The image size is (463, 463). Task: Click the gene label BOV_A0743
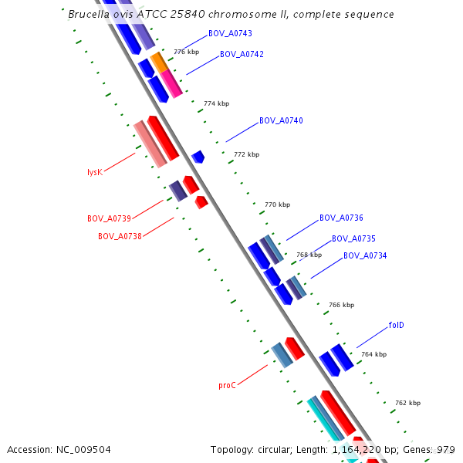pos(230,34)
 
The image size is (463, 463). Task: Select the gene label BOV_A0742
pos(242,55)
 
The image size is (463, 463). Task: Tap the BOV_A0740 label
pos(281,121)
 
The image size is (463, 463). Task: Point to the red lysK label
pos(95,173)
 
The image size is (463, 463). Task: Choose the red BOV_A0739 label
pos(109,219)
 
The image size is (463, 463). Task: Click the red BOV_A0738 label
pos(120,236)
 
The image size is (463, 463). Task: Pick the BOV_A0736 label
pos(341,218)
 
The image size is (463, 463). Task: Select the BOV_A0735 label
pos(353,239)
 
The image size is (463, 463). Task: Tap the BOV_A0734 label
pos(365,256)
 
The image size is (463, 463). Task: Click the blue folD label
pos(397,326)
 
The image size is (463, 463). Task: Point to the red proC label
pos(227,385)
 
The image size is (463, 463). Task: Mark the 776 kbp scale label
pos(186,52)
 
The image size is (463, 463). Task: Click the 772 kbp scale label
pos(246,154)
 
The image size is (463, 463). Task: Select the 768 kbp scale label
pos(309,255)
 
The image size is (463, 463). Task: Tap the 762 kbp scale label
pos(407,403)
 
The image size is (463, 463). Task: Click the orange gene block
pos(159,62)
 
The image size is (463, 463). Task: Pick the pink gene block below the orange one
pos(171,83)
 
